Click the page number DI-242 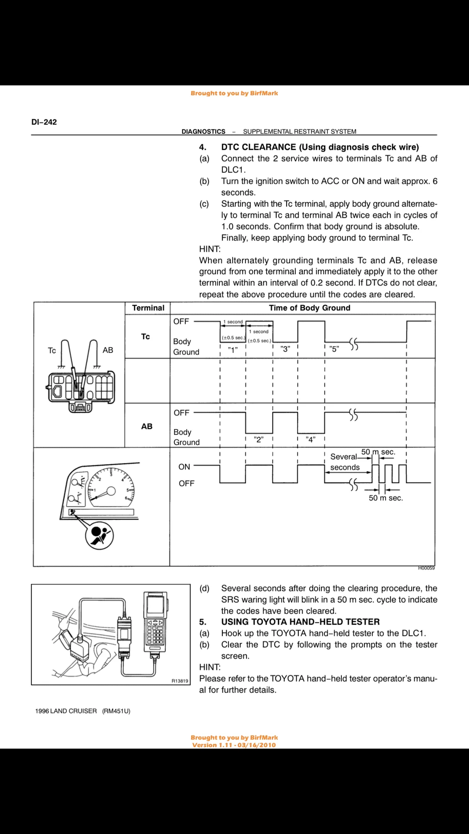pyautogui.click(x=44, y=122)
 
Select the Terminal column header pyautogui.click(x=148, y=308)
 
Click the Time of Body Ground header pyautogui.click(x=310, y=308)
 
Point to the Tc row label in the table pyautogui.click(x=145, y=337)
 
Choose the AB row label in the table pyautogui.click(x=147, y=427)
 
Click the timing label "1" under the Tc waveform pyautogui.click(x=233, y=350)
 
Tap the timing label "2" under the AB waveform pyautogui.click(x=259, y=439)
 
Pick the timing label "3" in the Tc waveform pyautogui.click(x=285, y=349)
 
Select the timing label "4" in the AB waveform pyautogui.click(x=310, y=439)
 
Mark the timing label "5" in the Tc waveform pyautogui.click(x=334, y=349)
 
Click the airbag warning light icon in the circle pyautogui.click(x=99, y=535)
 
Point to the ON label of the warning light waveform pyautogui.click(x=184, y=467)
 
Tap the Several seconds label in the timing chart pyautogui.click(x=345, y=462)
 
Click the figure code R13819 pyautogui.click(x=180, y=681)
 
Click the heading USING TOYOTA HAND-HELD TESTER pyautogui.click(x=301, y=622)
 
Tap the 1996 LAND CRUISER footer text pyautogui.click(x=66, y=711)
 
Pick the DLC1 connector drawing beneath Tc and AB pyautogui.click(x=81, y=390)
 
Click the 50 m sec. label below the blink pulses pyautogui.click(x=386, y=498)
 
